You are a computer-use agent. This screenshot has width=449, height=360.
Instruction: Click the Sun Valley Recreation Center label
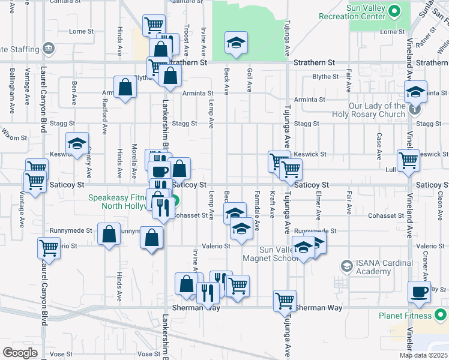click(364, 16)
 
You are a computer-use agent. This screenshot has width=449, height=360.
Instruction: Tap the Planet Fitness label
click(405, 316)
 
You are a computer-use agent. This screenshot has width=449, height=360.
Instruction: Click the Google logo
click(19, 353)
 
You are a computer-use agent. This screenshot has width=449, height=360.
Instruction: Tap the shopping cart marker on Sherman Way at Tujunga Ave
click(285, 301)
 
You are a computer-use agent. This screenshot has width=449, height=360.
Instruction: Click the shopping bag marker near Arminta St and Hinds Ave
click(125, 88)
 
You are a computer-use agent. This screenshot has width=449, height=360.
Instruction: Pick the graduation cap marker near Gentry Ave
click(77, 144)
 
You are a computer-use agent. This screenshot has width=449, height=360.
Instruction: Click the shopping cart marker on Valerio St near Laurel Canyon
click(49, 248)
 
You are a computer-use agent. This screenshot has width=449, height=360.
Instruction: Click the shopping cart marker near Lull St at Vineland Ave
click(408, 161)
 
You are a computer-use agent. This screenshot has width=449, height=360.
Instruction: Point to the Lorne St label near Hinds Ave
click(82, 31)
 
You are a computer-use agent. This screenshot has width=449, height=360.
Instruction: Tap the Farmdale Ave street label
click(257, 217)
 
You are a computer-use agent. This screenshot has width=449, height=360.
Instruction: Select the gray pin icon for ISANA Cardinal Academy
click(346, 266)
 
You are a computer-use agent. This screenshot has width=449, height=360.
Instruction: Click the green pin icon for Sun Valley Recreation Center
click(394, 11)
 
